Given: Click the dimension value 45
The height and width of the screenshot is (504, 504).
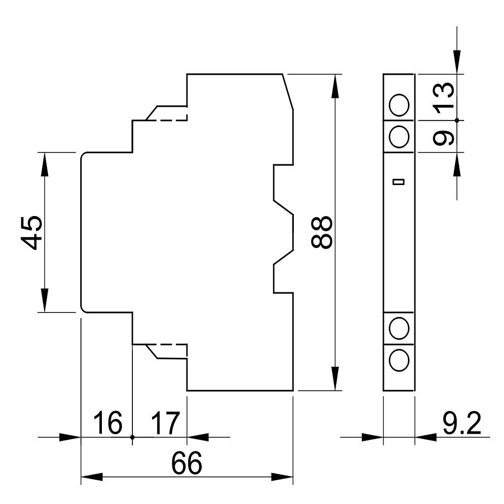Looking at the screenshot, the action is [x=32, y=232].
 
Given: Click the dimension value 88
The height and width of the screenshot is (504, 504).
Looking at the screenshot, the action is [x=321, y=232].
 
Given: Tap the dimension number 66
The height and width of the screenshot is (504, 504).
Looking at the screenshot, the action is [x=187, y=463].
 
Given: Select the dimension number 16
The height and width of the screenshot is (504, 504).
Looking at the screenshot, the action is [x=108, y=422].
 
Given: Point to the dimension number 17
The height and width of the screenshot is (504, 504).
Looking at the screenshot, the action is [x=165, y=422].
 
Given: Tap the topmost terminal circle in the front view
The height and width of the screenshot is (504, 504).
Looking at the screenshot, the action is [x=399, y=105].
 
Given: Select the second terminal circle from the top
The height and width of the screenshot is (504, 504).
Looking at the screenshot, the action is [x=399, y=137].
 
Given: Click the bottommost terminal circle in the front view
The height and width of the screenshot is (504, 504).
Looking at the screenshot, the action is [x=399, y=360].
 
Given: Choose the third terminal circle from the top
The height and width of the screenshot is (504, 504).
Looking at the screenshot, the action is [x=399, y=328].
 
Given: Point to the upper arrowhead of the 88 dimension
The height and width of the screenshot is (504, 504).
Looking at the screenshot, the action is [x=335, y=85].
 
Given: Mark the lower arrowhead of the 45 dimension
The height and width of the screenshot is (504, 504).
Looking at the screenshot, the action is [x=44, y=301].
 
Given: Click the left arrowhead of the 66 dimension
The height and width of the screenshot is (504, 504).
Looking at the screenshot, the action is [x=92, y=476].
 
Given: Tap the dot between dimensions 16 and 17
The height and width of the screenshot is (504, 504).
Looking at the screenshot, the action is [x=132, y=437].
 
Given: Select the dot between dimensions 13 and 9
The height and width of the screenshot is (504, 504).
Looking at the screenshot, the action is [x=457, y=120].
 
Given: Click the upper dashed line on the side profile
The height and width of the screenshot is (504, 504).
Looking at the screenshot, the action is [x=166, y=120].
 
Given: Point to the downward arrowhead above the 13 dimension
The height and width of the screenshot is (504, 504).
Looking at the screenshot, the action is [x=457, y=63].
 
